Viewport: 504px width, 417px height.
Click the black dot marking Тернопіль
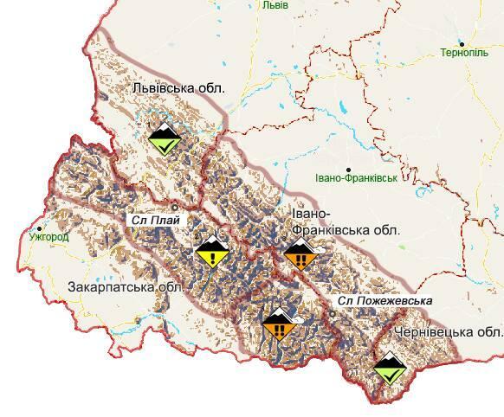coord(462,43)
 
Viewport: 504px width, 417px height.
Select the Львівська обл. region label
coord(178,88)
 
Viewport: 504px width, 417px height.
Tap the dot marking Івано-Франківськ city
coord(349,170)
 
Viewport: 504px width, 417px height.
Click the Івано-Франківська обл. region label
coord(333,222)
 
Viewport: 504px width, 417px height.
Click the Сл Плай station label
coord(156,220)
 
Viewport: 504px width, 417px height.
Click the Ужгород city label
coord(48,234)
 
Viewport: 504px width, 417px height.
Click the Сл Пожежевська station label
coord(384,301)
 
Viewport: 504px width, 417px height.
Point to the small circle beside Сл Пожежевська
coord(333,315)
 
